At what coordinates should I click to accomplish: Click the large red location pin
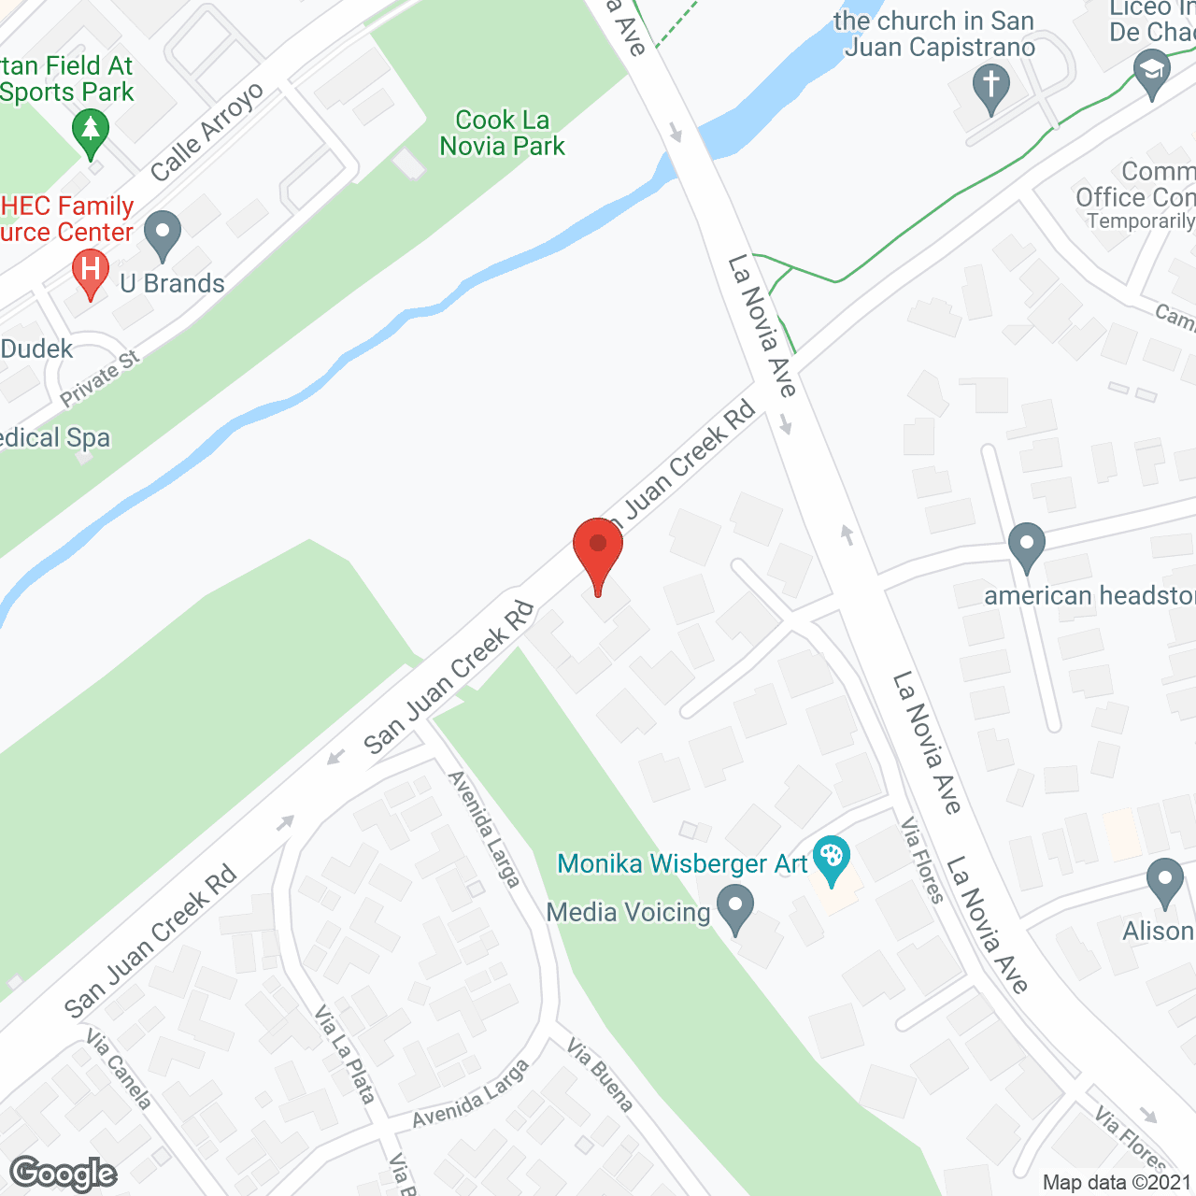[x=598, y=551]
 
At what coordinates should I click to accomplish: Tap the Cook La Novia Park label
[x=503, y=133]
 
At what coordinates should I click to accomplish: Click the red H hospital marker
[x=91, y=272]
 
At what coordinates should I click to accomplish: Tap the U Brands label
[x=173, y=284]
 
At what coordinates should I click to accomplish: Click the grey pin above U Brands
[x=163, y=235]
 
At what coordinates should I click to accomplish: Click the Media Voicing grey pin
[x=735, y=908]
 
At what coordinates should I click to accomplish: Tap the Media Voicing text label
[x=628, y=912]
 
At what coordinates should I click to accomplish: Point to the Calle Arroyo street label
[x=206, y=133]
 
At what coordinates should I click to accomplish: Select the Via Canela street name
[x=118, y=1069]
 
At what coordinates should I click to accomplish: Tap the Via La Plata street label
[x=344, y=1054]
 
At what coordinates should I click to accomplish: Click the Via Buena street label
[x=600, y=1075]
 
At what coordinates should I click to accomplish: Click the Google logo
[x=63, y=1174]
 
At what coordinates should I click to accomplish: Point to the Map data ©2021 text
[x=1118, y=1183]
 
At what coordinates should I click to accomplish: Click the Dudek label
[x=36, y=349]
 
